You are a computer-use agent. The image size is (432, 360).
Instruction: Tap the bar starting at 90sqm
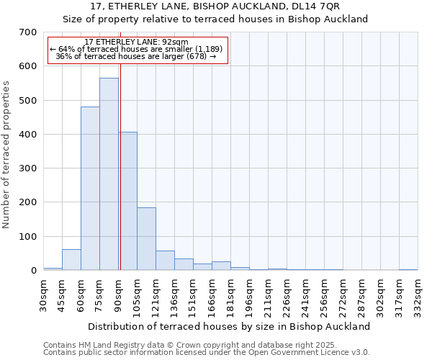[128, 202]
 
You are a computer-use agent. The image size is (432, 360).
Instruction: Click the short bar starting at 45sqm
[71, 260]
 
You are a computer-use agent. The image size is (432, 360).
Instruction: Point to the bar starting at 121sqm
[165, 261]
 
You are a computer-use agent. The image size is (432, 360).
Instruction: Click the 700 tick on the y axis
[27, 32]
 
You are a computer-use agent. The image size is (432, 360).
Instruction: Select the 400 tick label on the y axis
[27, 135]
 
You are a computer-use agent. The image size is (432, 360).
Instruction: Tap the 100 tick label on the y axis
[27, 237]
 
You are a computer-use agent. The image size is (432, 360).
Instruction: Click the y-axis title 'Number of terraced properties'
[7, 155]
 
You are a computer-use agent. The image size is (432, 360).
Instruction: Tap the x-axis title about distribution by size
[230, 326]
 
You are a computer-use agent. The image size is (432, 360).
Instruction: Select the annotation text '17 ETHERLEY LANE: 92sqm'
[136, 42]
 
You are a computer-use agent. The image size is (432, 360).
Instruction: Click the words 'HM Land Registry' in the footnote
[107, 345]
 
